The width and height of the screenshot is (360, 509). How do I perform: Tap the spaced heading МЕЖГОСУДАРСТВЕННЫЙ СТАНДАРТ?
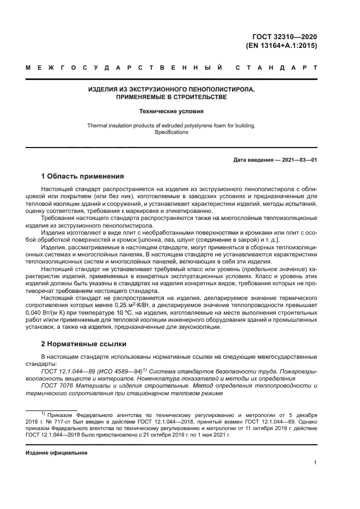point(172,69)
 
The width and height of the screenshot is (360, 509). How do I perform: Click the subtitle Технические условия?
point(172,112)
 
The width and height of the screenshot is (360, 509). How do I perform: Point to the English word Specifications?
point(172,132)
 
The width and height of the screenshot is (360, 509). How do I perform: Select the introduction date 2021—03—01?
point(297,160)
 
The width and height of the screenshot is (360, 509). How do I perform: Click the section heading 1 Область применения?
point(83,176)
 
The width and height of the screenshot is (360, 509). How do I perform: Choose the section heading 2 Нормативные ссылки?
point(84,344)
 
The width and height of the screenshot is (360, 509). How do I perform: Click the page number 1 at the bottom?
point(315,463)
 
